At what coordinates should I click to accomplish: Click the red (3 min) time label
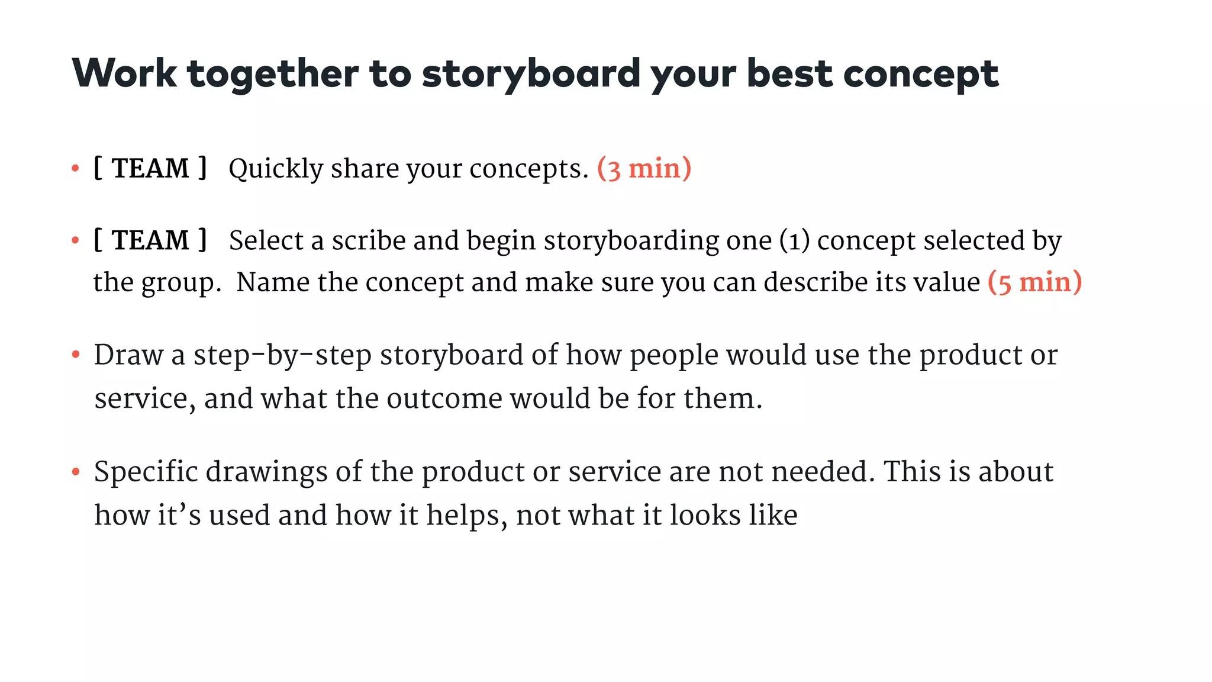[644, 169]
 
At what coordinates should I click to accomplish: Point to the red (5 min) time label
[1034, 282]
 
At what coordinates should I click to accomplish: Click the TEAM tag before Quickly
[150, 168]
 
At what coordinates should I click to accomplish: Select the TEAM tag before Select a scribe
[150, 240]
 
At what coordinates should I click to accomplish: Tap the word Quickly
[276, 169]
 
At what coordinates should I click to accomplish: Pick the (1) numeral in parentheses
[794, 241]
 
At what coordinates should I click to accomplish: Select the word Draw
[128, 355]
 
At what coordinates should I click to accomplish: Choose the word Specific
[146, 472]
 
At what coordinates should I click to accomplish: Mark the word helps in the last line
[467, 515]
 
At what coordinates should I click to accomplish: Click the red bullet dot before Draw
[75, 355]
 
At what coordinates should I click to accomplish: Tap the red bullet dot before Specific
[75, 472]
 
